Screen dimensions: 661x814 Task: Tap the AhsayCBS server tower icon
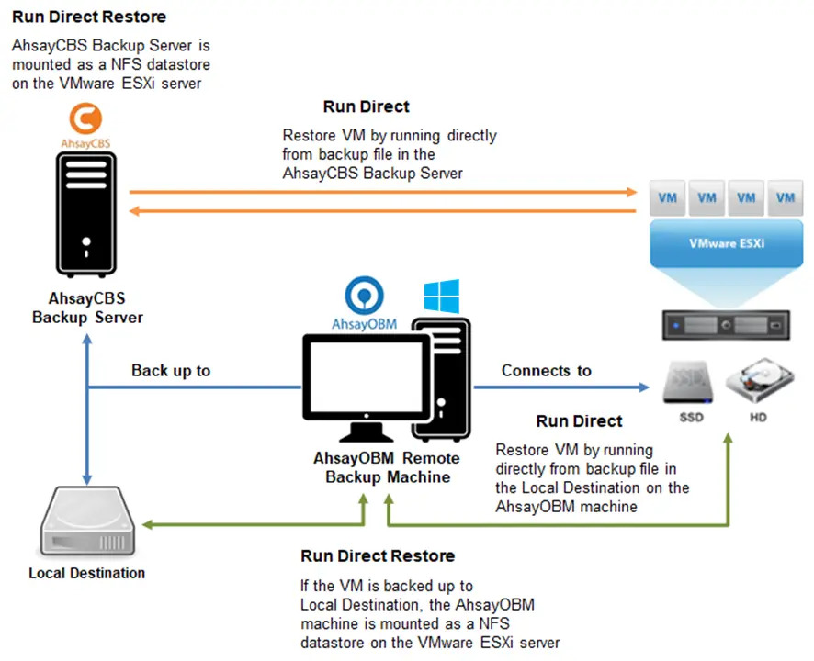85,217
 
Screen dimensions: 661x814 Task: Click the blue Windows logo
441,297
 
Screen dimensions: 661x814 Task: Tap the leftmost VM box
668,196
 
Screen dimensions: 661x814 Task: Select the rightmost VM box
786,196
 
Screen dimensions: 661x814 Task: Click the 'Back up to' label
171,371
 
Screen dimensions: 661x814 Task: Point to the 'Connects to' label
546,371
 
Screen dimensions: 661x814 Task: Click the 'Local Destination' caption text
86,573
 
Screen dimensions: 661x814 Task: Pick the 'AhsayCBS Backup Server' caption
87,308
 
